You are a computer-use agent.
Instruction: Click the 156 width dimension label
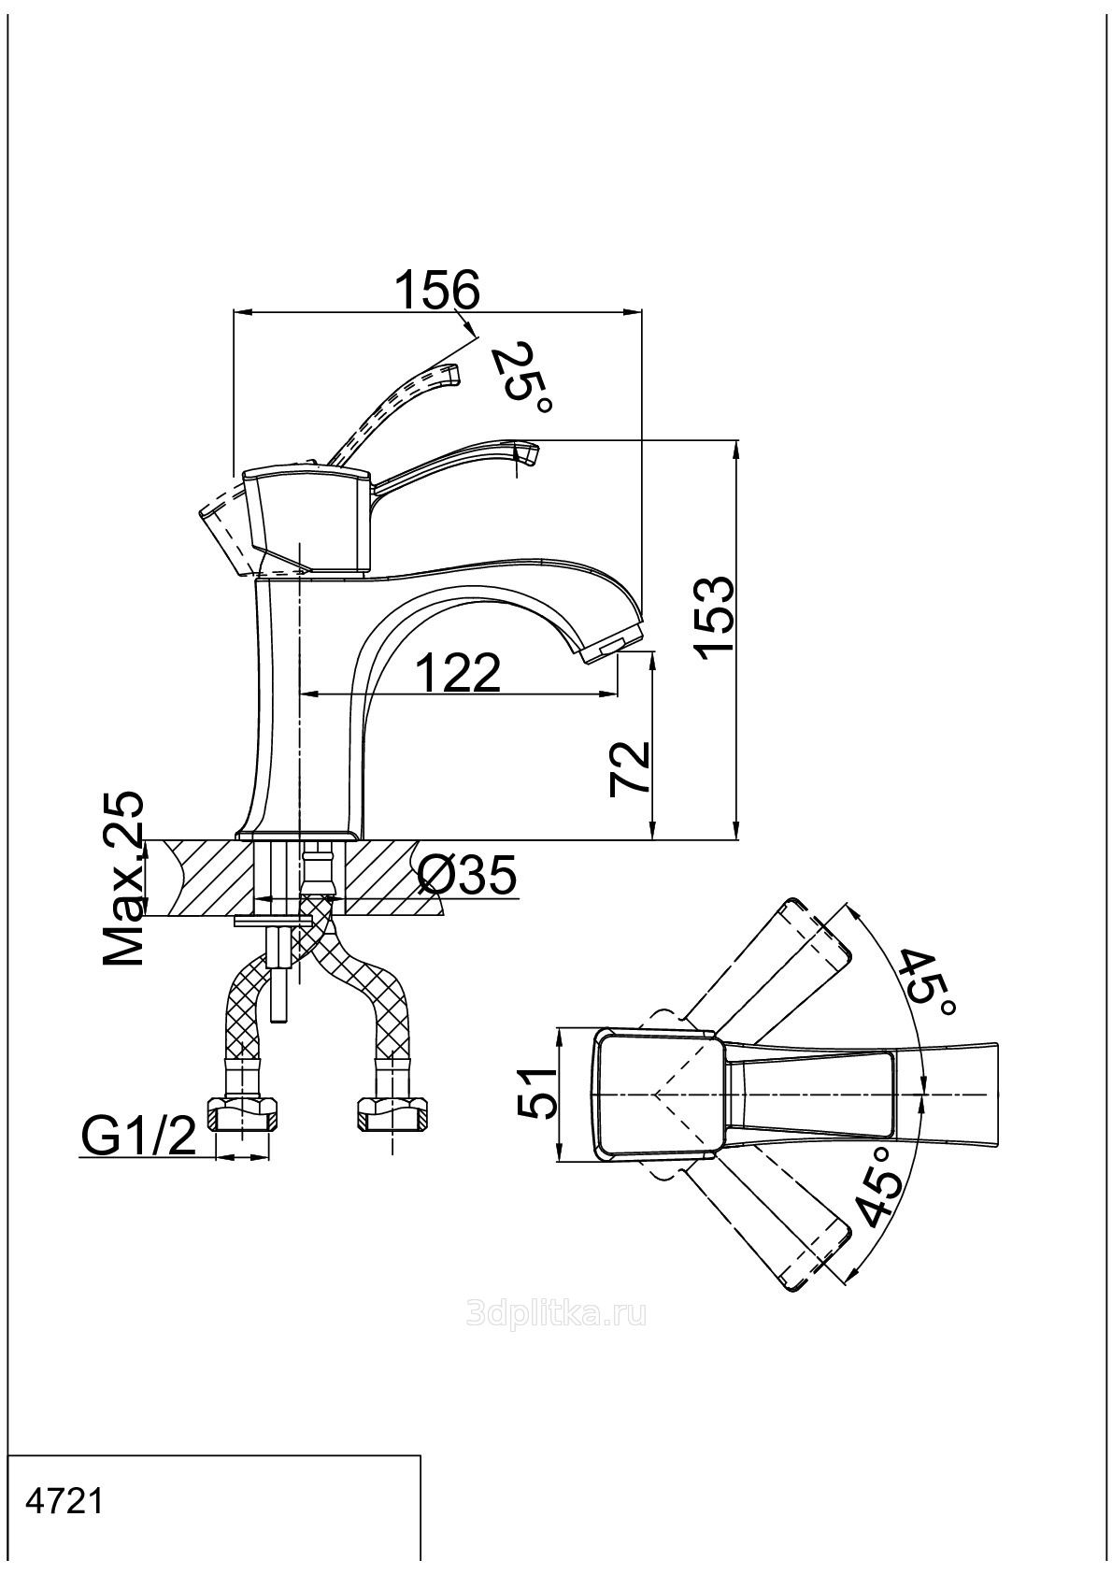pyautogui.click(x=436, y=290)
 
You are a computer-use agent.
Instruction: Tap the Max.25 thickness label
pyautogui.click(x=124, y=880)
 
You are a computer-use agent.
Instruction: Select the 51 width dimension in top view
pyautogui.click(x=537, y=1094)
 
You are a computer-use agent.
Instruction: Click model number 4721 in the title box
pyautogui.click(x=65, y=1502)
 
